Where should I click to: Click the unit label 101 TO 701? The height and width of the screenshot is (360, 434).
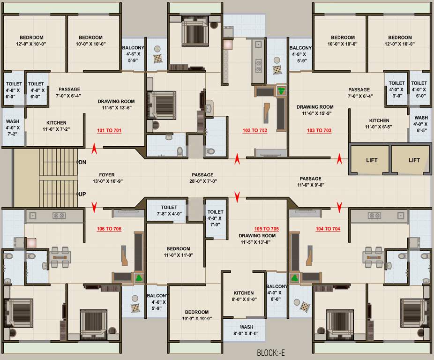tap(109, 131)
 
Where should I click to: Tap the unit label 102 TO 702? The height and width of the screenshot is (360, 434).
tap(254, 131)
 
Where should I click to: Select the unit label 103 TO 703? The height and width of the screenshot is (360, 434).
tap(319, 131)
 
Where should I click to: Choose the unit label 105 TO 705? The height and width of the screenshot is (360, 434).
tap(266, 229)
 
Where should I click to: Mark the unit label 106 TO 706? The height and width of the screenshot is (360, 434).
tap(109, 229)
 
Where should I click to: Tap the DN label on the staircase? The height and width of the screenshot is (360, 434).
tap(82, 162)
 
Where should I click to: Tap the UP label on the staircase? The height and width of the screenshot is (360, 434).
tap(82, 194)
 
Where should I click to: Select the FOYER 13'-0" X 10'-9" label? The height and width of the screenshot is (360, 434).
tap(106, 178)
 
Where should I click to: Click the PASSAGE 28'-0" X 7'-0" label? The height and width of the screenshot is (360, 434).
tap(202, 178)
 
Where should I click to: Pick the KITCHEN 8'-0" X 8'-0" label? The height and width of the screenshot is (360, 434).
tap(244, 296)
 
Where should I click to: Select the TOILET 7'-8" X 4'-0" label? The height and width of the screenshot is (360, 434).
tap(169, 210)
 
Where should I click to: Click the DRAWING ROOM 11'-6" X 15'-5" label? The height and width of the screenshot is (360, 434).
tap(315, 110)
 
